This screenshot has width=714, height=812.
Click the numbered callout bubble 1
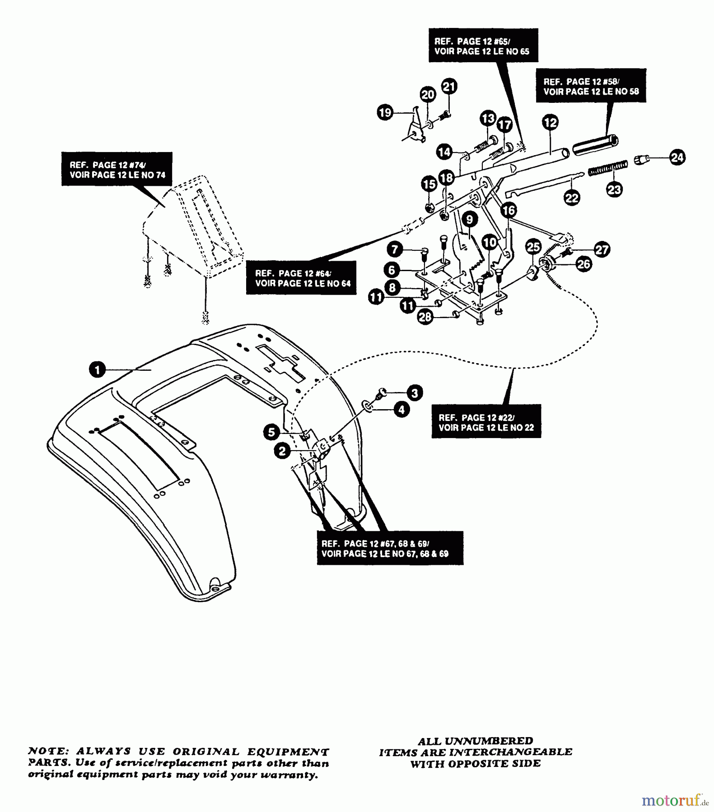click(x=97, y=370)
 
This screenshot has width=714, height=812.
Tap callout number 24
click(x=677, y=157)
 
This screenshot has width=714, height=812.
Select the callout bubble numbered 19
click(x=385, y=112)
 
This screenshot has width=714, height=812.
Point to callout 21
click(x=449, y=86)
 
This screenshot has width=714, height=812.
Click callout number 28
click(x=425, y=317)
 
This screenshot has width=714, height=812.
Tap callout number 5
click(x=271, y=433)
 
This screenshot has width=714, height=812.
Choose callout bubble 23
click(x=614, y=189)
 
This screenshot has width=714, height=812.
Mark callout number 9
click(x=470, y=219)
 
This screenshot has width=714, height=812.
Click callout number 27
click(x=602, y=249)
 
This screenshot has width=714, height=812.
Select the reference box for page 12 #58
click(x=591, y=86)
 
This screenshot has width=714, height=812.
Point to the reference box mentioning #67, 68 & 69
click(x=390, y=548)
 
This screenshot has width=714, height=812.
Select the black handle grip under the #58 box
click(x=595, y=144)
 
